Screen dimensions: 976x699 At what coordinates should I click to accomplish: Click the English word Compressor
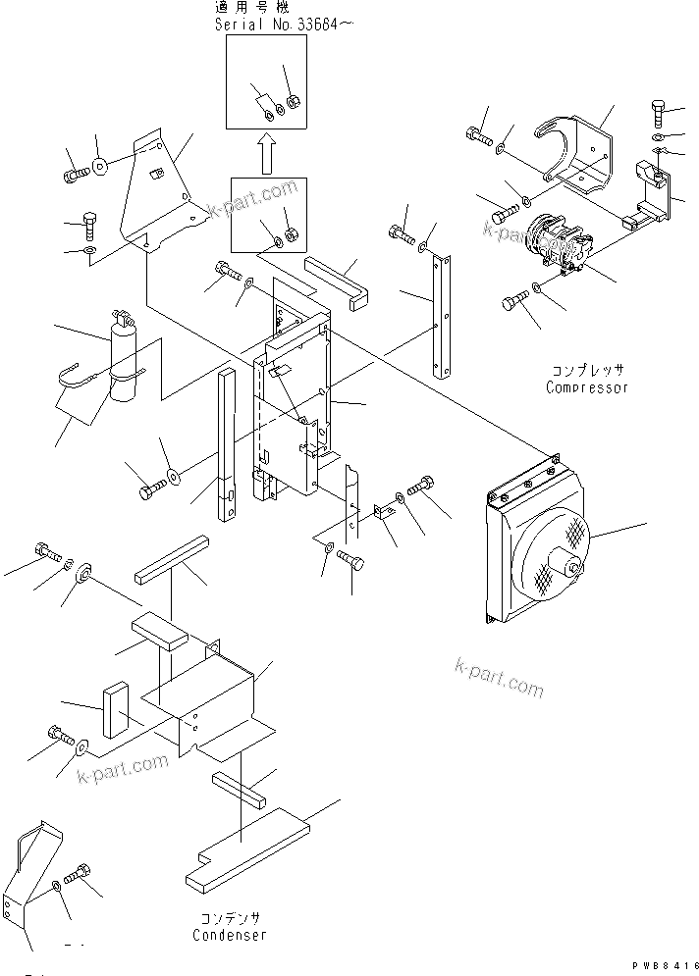[586, 387]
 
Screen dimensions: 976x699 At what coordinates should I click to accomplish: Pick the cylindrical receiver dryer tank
[126, 359]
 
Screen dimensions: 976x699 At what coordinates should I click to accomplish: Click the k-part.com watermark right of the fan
[498, 678]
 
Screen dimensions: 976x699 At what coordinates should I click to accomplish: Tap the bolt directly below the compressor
[517, 302]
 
